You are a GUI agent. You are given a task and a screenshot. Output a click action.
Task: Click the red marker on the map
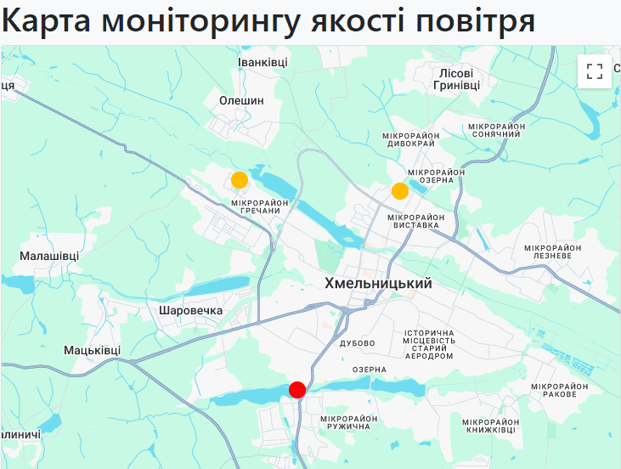click(x=297, y=389)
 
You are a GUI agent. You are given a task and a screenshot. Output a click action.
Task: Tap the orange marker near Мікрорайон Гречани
click(x=240, y=180)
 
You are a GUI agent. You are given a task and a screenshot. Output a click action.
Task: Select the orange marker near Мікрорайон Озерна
click(x=400, y=191)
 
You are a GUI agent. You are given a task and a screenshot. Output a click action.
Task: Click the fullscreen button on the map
click(x=595, y=71)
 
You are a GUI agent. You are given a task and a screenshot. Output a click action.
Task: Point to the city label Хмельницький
click(x=378, y=284)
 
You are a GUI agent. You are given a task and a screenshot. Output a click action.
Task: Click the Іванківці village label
click(x=263, y=62)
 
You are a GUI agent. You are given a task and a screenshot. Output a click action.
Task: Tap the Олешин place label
click(x=242, y=100)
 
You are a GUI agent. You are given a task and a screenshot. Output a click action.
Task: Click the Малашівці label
click(x=49, y=256)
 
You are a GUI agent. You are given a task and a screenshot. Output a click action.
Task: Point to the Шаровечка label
click(x=190, y=310)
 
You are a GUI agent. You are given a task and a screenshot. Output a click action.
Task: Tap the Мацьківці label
click(x=93, y=350)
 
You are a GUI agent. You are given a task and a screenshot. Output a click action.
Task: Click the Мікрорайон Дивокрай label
click(x=411, y=139)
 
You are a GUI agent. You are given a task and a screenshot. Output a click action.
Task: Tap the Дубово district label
click(x=357, y=343)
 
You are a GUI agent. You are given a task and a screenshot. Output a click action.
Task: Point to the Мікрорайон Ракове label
click(x=559, y=391)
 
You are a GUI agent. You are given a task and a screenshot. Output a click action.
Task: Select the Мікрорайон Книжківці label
click(x=488, y=427)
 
